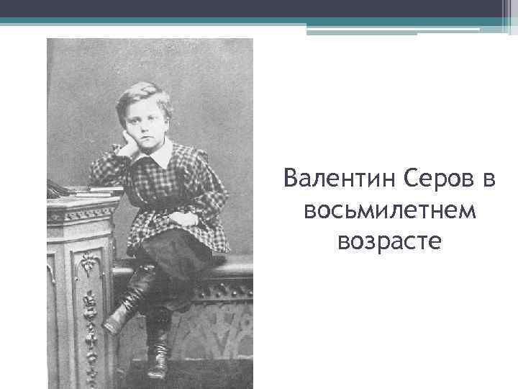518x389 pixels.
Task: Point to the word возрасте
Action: click(391, 241)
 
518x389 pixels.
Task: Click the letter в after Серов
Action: click(490, 177)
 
